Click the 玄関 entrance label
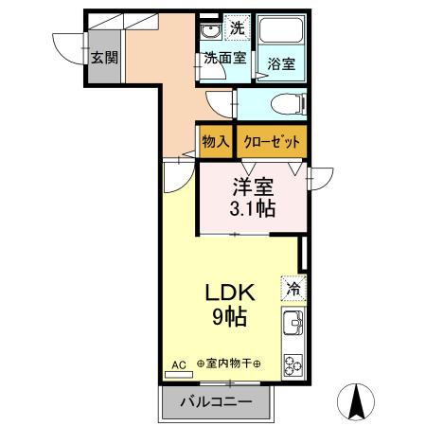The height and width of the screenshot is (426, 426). (104, 57)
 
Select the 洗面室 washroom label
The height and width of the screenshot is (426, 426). (225, 58)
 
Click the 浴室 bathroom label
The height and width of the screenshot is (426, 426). (280, 64)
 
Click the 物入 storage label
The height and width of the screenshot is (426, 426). (216, 141)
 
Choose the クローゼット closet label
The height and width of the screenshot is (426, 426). (272, 141)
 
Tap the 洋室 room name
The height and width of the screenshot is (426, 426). (254, 186)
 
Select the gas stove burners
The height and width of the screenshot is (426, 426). (292, 364)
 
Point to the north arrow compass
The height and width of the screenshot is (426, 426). (358, 401)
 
